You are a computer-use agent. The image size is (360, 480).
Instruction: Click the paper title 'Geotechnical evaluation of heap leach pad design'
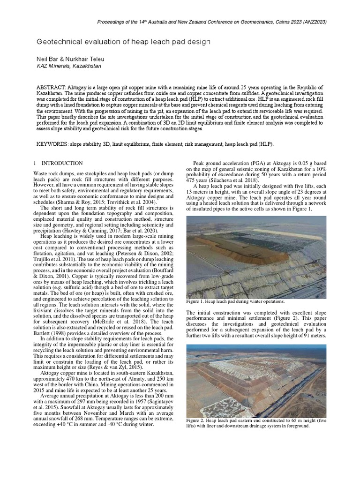[x=123, y=42]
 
